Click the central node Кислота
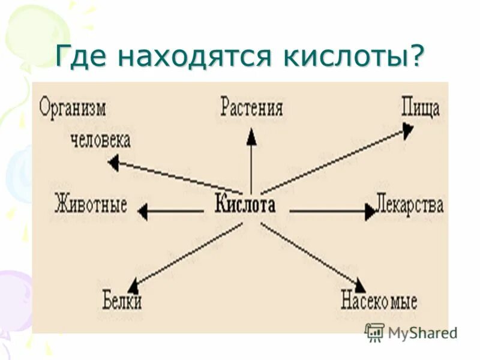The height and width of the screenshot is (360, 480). (245, 205)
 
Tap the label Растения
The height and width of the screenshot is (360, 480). (251, 109)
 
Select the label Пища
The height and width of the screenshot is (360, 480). (421, 109)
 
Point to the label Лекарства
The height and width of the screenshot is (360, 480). (410, 205)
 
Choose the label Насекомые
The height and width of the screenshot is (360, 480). (379, 299)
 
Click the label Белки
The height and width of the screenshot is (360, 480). (122, 299)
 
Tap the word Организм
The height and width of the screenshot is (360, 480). (73, 109)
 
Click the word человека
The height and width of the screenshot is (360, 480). (100, 141)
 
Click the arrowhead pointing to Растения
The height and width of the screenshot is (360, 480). (251, 138)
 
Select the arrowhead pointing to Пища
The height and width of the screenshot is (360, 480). (407, 130)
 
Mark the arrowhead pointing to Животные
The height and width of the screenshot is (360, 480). (142, 211)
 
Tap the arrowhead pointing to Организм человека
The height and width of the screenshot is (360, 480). (112, 161)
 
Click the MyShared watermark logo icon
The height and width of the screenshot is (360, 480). (374, 332)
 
